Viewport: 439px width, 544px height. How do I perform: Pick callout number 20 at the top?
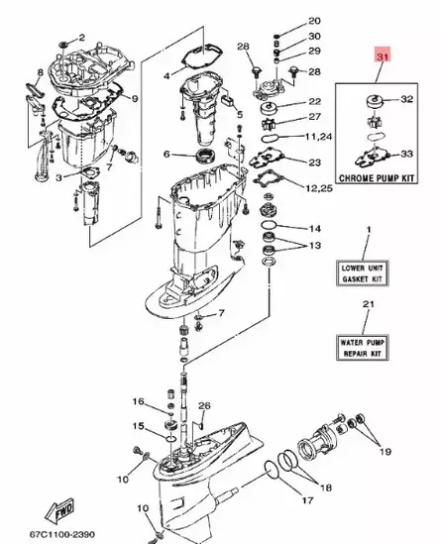click(x=314, y=21)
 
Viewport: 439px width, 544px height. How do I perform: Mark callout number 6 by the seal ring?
click(x=167, y=154)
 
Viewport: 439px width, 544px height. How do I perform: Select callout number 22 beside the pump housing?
click(x=314, y=102)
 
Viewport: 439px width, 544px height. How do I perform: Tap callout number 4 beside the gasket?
click(x=166, y=75)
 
